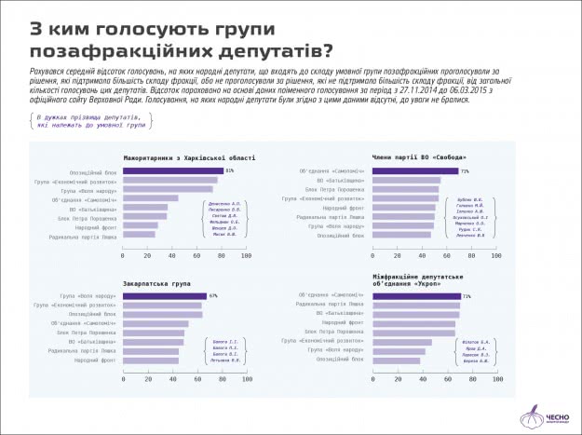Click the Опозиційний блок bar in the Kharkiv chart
click(173, 171)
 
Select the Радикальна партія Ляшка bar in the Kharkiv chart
click(139, 234)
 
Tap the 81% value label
click(229, 171)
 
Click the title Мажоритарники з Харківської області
click(188, 156)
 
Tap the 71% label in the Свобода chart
click(464, 171)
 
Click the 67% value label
click(213, 296)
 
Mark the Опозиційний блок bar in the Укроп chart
click(396, 360)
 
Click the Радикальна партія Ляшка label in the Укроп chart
click(332, 305)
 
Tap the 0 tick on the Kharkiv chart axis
click(124, 255)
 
